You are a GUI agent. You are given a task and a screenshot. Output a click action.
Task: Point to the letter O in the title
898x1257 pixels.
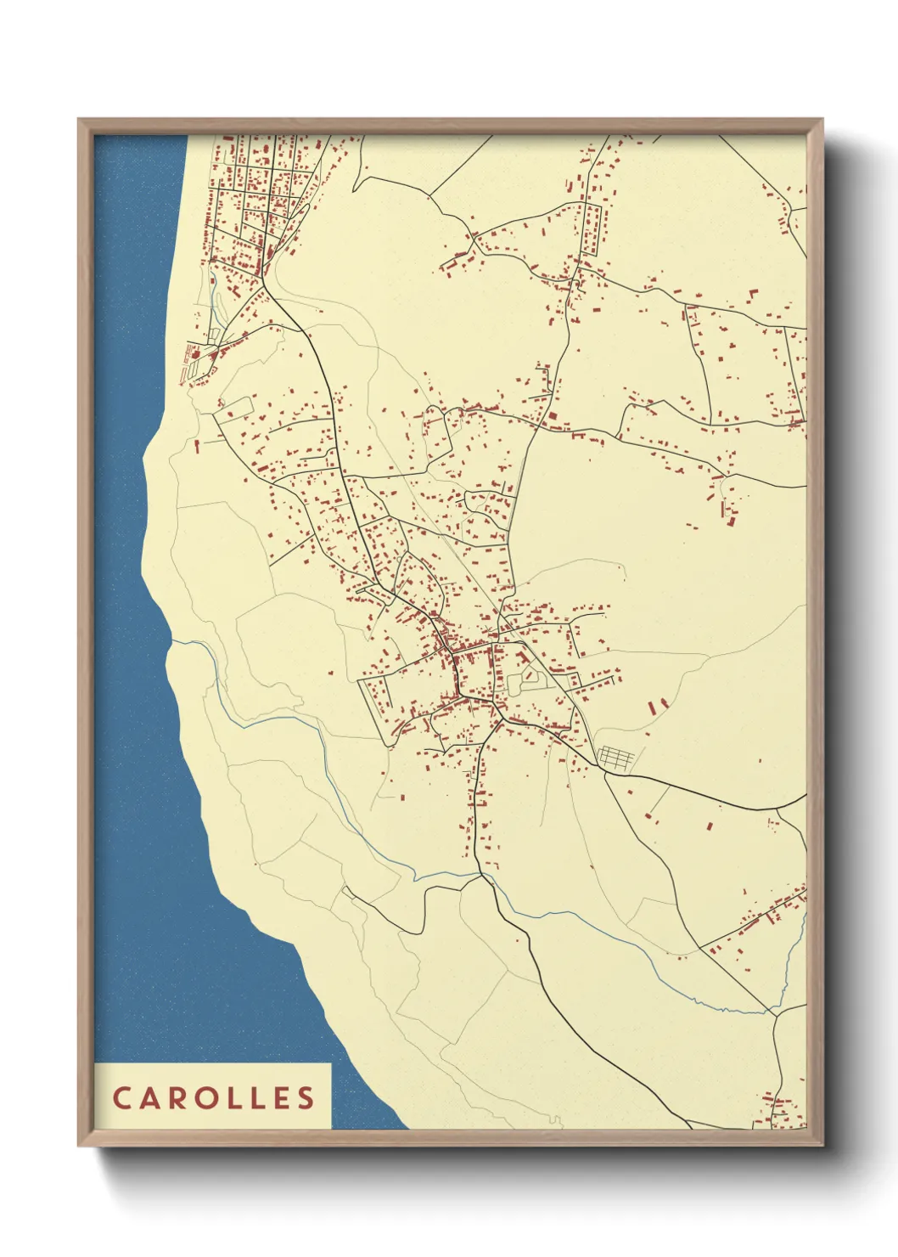208,1097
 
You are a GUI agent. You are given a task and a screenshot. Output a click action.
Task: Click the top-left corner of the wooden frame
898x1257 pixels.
80,121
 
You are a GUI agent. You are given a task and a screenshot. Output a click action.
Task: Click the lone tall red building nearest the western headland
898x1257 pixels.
197,444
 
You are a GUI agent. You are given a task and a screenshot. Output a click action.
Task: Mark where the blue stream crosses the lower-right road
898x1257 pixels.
774,1011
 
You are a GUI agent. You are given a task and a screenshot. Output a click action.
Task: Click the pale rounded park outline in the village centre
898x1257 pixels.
530,678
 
